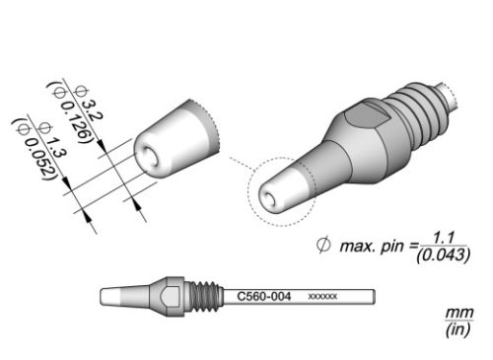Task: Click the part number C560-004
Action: click(x=264, y=296)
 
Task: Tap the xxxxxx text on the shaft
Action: click(x=322, y=297)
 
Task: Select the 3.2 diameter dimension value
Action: click(x=89, y=104)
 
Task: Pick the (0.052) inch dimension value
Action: click(x=35, y=149)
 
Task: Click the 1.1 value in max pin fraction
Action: click(x=444, y=238)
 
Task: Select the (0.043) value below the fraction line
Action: click(x=443, y=255)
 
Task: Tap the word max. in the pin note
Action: click(x=358, y=247)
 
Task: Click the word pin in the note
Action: click(x=391, y=247)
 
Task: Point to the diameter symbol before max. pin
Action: click(x=323, y=245)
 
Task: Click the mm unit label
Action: click(x=459, y=313)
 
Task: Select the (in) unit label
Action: click(x=458, y=329)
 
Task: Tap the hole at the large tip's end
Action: click(x=269, y=199)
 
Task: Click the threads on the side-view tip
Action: click(x=204, y=296)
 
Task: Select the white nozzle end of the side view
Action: click(x=110, y=296)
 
